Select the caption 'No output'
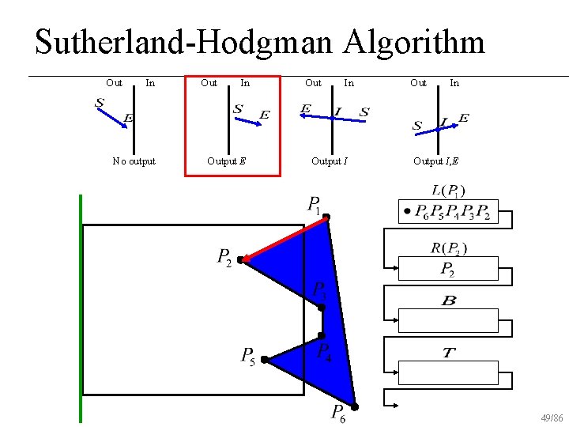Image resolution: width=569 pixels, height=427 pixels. pos(134,161)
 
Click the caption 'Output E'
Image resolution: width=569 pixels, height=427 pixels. pos(226,161)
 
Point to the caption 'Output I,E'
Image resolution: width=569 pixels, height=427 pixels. pos(435,161)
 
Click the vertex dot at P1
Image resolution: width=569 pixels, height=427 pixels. pos(326,216)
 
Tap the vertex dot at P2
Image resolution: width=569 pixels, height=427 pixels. pos(240,259)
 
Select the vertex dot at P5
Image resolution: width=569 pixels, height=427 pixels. pos(264,360)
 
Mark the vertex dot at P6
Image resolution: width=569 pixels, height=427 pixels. pos(355,407)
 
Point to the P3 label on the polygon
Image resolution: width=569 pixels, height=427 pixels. pos(320,290)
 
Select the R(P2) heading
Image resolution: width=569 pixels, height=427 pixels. pos(449,248)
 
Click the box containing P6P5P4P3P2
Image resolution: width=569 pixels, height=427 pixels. pos(448,213)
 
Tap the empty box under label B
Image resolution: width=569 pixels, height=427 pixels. pos(448,320)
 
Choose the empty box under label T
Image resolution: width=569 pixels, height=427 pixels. pos(448,371)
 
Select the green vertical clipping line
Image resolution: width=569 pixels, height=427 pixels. pos(81,308)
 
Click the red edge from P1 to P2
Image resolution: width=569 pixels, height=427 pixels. pos(283,238)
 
